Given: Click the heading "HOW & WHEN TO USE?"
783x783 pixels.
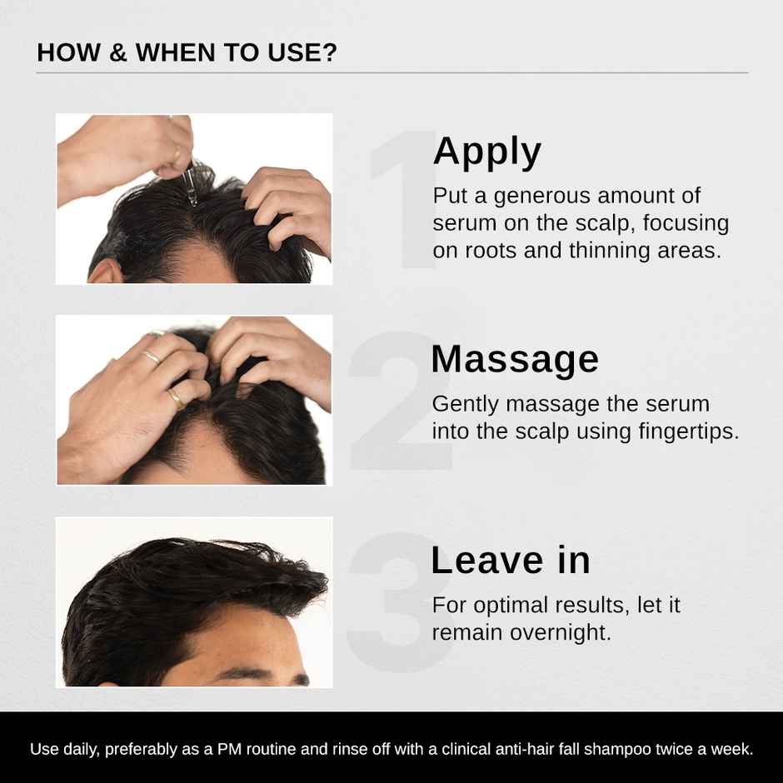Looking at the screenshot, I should (187, 53).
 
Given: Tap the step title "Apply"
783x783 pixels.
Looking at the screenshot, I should (487, 152).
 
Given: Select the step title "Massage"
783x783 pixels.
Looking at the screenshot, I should (515, 359).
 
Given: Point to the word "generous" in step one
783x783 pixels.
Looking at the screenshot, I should (543, 197).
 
